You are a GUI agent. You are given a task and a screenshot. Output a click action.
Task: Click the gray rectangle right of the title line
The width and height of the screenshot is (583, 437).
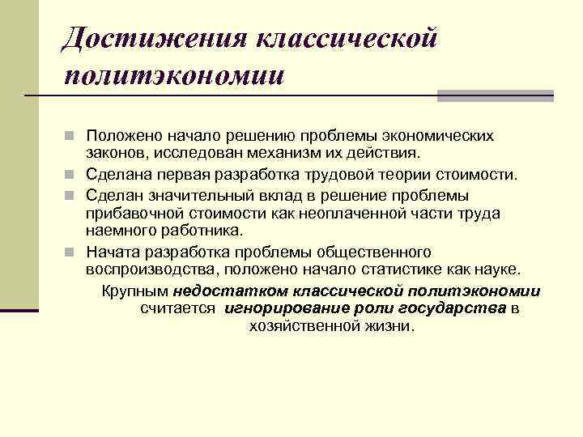(x=495, y=95)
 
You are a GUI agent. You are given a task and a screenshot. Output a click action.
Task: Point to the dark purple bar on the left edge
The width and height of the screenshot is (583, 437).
(x=19, y=309)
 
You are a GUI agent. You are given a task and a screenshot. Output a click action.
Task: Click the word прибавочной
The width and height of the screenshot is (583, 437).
(x=130, y=212)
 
